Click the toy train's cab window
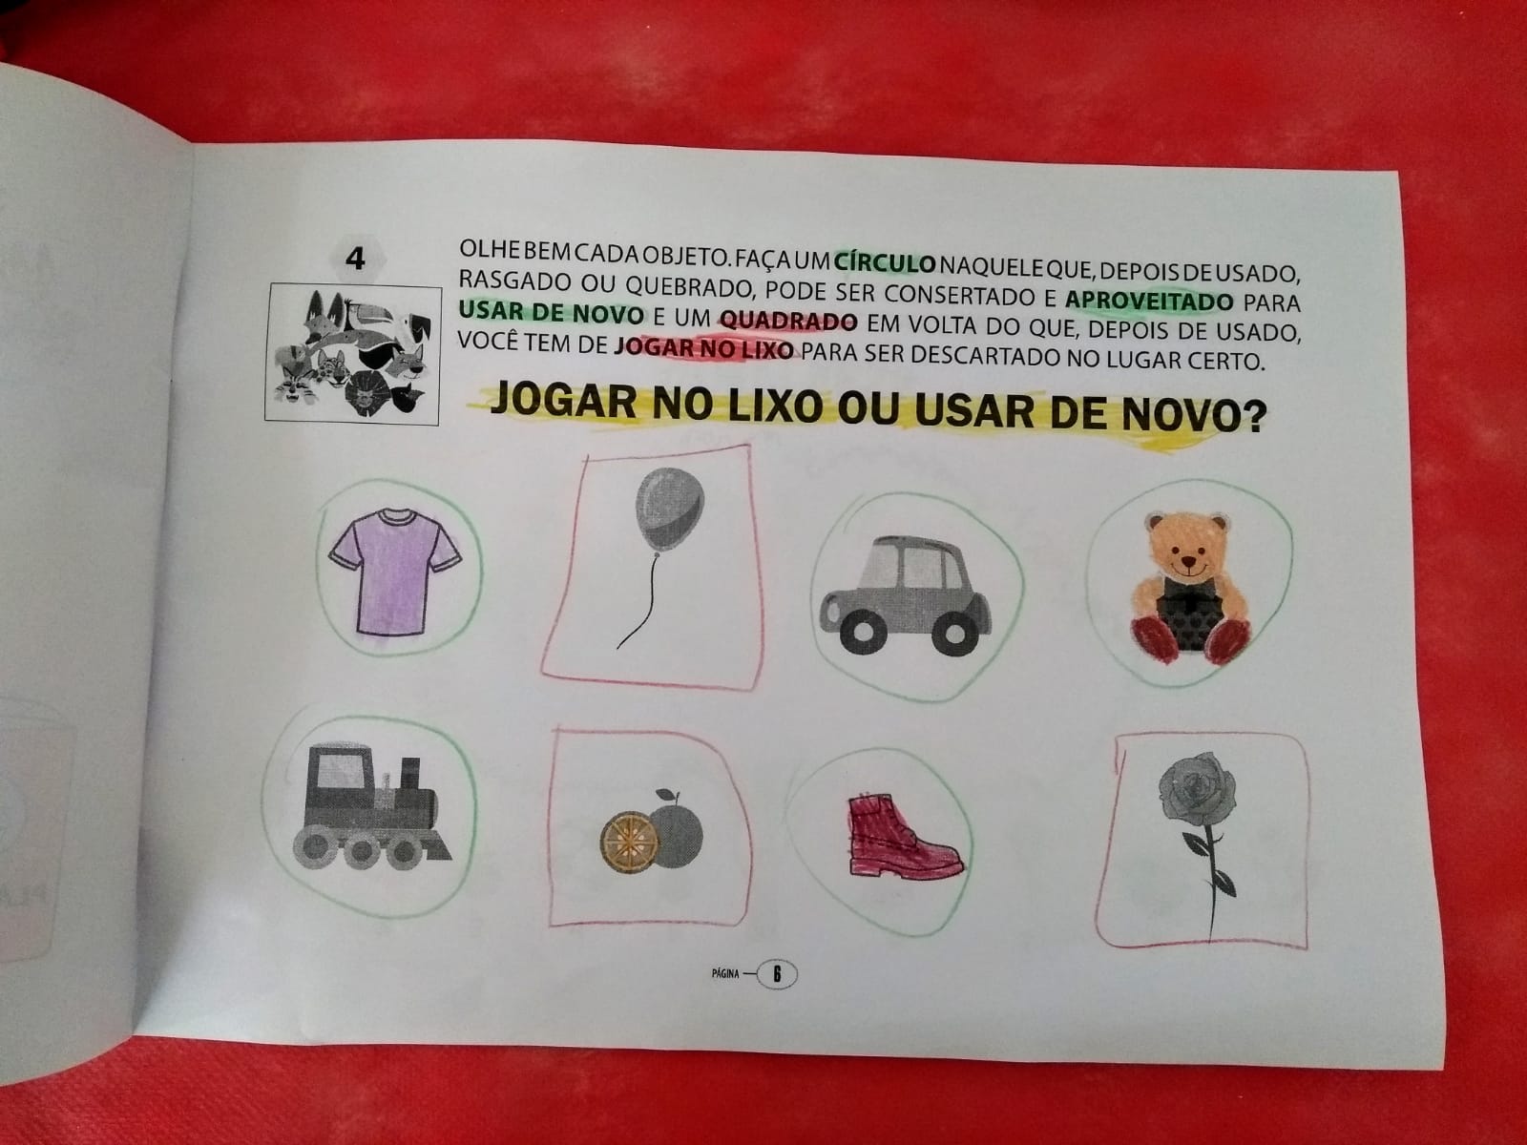coord(341,771)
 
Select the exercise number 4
coord(355,260)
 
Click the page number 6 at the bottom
coord(777,974)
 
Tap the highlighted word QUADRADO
coord(789,322)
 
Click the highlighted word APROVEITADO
coord(1149,301)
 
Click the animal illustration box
coord(353,353)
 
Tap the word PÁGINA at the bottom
coord(725,974)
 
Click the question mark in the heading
coord(1252,419)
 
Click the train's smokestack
coord(410,772)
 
